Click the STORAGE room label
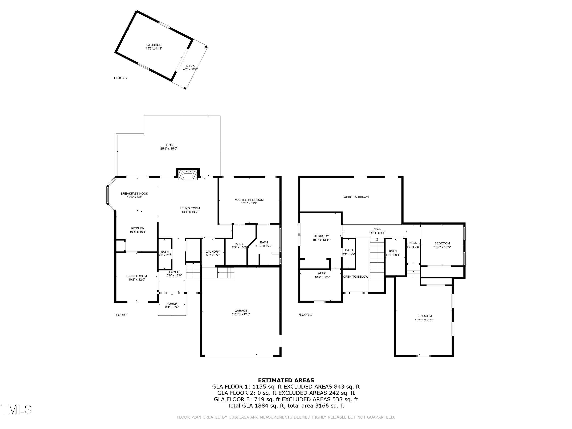coord(154,45)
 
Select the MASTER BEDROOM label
coord(249,200)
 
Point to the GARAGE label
coord(241,311)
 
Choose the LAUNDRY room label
coord(213,252)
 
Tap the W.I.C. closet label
coord(239,244)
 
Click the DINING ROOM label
coord(137,276)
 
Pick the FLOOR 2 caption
coord(121,78)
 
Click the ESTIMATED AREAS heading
coord(286,380)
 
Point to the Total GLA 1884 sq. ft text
coord(286,406)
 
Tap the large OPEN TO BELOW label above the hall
coord(356,197)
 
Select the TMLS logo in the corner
coord(16,409)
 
